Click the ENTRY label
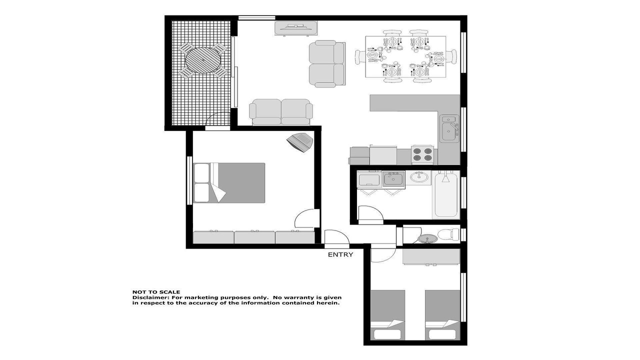(340, 254)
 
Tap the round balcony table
(203, 60)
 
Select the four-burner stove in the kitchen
(422, 154)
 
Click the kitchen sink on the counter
(449, 128)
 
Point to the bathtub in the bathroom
(446, 194)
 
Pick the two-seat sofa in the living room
(281, 112)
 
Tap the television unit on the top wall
(296, 28)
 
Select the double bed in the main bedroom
(229, 183)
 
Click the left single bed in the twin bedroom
(387, 315)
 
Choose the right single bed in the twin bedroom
(442, 315)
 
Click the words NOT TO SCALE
(156, 292)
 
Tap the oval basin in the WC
(427, 238)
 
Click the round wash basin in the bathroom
(419, 177)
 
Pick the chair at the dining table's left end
(360, 56)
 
